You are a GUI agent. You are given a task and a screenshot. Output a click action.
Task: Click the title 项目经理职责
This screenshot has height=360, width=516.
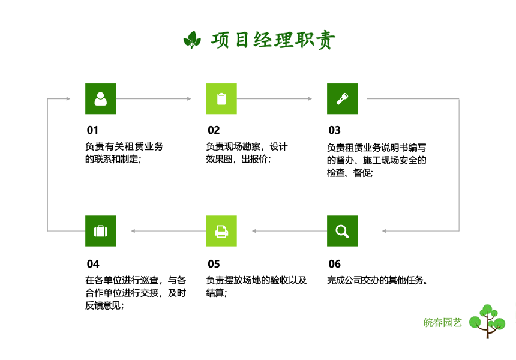pyautogui.click(x=273, y=40)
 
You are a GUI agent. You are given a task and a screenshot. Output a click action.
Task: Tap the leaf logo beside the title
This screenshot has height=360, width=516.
pyautogui.click(x=192, y=40)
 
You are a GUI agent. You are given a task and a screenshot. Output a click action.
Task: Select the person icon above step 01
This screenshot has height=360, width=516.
pyautogui.click(x=100, y=99)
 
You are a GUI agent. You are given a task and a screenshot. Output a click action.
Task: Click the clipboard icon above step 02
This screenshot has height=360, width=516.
pyautogui.click(x=221, y=99)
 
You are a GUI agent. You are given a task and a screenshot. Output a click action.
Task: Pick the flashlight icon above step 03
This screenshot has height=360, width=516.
pyautogui.click(x=342, y=99)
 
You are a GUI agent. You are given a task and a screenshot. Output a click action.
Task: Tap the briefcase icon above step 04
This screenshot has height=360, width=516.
pyautogui.click(x=100, y=231)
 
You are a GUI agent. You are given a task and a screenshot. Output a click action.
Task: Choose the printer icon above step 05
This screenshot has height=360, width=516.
pyautogui.click(x=221, y=231)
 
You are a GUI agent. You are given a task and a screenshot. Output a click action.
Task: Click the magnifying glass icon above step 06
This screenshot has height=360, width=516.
pyautogui.click(x=342, y=231)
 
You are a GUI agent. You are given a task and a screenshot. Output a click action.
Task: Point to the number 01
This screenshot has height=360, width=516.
pyautogui.click(x=92, y=130)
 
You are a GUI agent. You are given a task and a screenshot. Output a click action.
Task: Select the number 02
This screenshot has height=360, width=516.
pyautogui.click(x=214, y=130)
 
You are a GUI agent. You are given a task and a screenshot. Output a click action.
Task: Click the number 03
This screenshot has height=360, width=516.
pyautogui.click(x=334, y=130)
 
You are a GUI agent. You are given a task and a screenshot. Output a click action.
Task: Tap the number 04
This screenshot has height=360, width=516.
pyautogui.click(x=93, y=264)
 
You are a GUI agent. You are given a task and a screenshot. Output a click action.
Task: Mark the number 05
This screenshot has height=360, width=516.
pyautogui.click(x=214, y=264)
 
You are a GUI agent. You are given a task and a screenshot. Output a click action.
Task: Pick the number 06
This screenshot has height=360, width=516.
pyautogui.click(x=334, y=264)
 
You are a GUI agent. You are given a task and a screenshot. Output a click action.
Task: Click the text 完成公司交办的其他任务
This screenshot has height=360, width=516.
pyautogui.click(x=375, y=280)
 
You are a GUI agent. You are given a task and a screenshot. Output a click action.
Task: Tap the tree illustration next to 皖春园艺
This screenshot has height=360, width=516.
pyautogui.click(x=487, y=321)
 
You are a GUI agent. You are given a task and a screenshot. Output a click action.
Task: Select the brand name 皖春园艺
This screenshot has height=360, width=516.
pyautogui.click(x=443, y=322)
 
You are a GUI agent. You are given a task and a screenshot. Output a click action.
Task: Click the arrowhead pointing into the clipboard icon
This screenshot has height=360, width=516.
pyautogui.click(x=189, y=99)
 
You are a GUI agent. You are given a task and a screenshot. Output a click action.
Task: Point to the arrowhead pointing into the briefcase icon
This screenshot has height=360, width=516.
pyautogui.click(x=133, y=231)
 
